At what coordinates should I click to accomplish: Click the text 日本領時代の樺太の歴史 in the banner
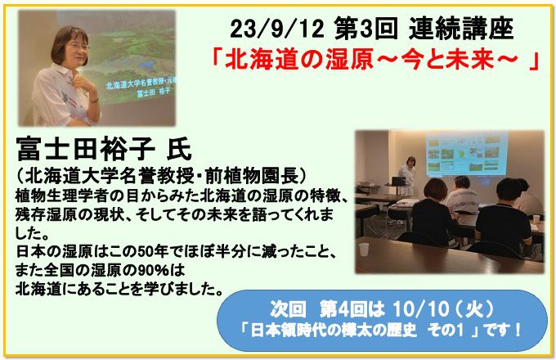click(334, 331)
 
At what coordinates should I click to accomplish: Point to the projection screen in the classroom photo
click(467, 155)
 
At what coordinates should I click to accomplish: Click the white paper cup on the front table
click(364, 250)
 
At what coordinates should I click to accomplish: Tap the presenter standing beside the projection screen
click(408, 176)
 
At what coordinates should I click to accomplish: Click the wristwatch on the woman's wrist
click(94, 101)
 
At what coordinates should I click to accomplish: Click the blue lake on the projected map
click(148, 65)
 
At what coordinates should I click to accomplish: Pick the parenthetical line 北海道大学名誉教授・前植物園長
click(160, 176)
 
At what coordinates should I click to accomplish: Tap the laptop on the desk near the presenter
click(398, 182)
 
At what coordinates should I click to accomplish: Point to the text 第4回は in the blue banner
click(352, 309)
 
